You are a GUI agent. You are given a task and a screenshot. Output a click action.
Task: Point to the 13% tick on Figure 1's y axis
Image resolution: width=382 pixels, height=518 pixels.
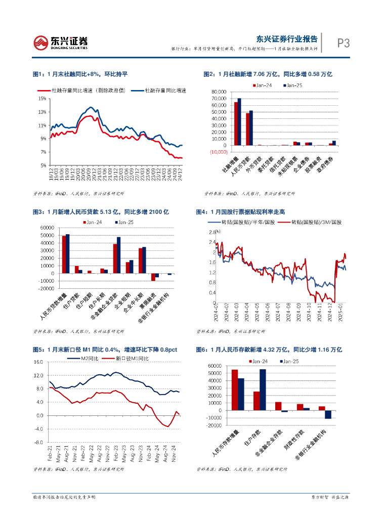click(43, 112)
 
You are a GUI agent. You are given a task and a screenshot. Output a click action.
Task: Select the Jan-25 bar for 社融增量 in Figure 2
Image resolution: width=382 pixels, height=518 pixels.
click(239, 122)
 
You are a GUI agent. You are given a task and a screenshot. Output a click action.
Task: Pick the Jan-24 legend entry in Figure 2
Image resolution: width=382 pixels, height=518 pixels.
click(263, 85)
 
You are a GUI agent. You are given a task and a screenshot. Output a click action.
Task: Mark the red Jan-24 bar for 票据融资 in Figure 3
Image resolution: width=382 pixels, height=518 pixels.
click(153, 277)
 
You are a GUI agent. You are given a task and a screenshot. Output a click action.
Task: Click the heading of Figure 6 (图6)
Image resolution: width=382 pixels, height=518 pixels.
click(269, 350)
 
